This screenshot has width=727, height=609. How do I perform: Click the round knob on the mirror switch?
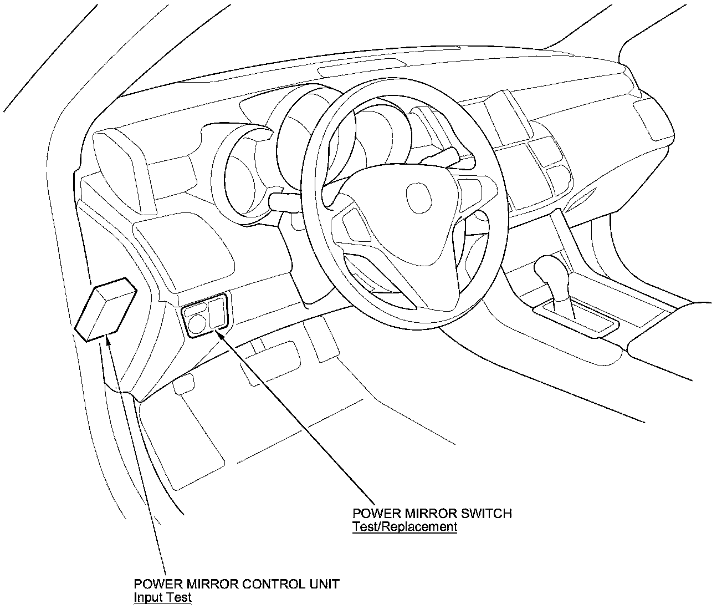click(197, 322)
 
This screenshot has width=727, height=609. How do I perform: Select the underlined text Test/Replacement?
click(405, 527)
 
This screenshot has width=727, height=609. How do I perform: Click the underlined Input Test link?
click(162, 597)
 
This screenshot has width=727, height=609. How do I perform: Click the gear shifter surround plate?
click(576, 319)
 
